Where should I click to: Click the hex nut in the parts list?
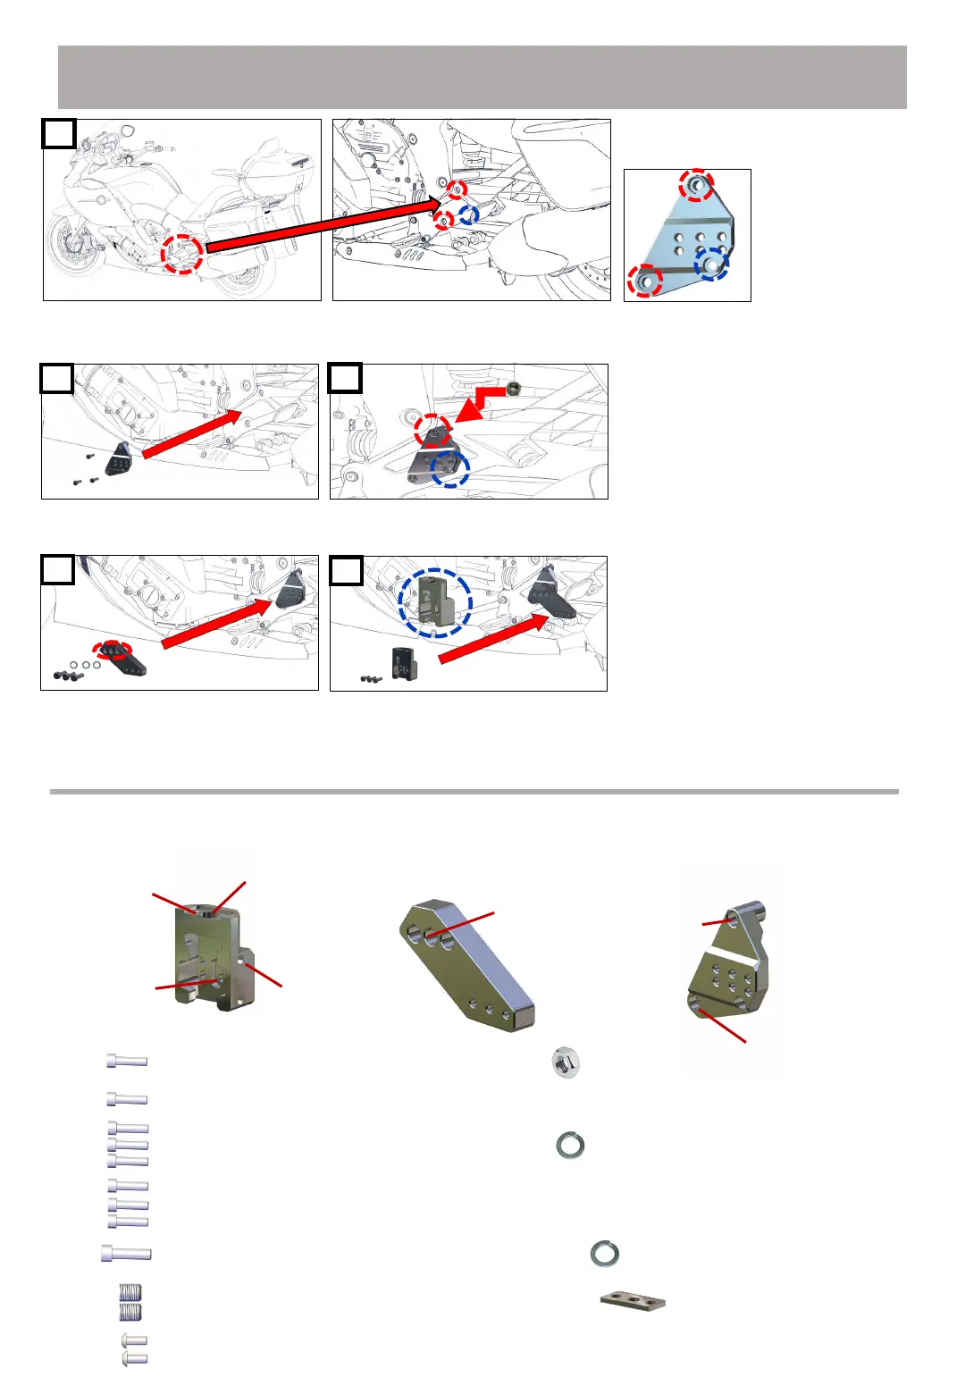tap(566, 1062)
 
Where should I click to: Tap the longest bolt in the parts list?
tap(127, 1254)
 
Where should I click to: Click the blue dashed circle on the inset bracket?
tap(712, 265)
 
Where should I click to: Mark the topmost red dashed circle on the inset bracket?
tap(696, 186)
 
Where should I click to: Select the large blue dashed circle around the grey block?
tap(435, 603)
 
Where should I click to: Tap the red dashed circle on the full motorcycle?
tap(181, 255)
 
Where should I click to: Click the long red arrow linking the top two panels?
tap(322, 224)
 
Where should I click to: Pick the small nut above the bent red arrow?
tap(514, 388)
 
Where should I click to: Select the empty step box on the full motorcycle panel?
tap(59, 134)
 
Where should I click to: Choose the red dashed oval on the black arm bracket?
tap(113, 649)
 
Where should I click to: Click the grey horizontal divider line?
tap(474, 791)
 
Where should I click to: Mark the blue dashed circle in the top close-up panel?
tap(468, 214)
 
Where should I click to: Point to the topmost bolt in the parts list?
tap(127, 1061)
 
